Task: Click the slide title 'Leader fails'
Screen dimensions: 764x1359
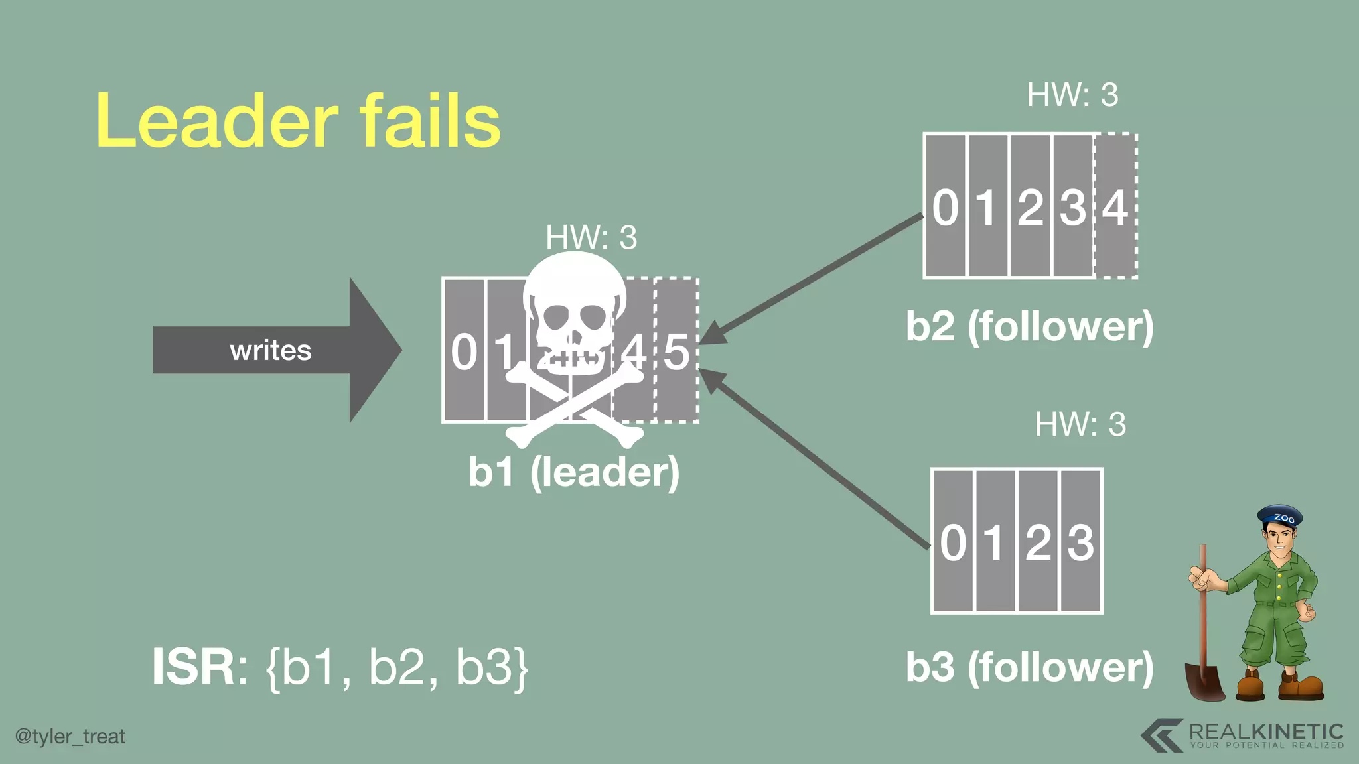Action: (298, 121)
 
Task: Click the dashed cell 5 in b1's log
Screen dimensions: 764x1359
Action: (677, 351)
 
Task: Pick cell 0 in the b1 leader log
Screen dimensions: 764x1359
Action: (464, 351)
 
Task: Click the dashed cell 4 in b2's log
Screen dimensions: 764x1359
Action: (1115, 207)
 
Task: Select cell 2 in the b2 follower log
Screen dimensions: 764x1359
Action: (1031, 207)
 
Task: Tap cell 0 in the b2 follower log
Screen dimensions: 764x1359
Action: (946, 207)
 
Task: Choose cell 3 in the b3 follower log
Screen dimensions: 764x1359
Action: (1081, 542)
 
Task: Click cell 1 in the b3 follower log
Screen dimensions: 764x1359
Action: (994, 542)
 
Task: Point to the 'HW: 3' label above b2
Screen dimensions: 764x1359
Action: (1072, 95)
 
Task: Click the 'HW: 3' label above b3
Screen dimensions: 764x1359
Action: (1080, 424)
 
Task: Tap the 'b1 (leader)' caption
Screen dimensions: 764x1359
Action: (574, 472)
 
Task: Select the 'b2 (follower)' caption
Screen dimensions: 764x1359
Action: (1030, 326)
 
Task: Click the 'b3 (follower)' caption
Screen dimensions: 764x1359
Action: (1030, 667)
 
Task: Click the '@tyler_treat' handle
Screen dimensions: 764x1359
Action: (70, 736)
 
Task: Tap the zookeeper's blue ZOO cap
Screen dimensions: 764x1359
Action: (1280, 517)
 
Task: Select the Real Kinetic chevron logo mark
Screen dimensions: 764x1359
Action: (1163, 735)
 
